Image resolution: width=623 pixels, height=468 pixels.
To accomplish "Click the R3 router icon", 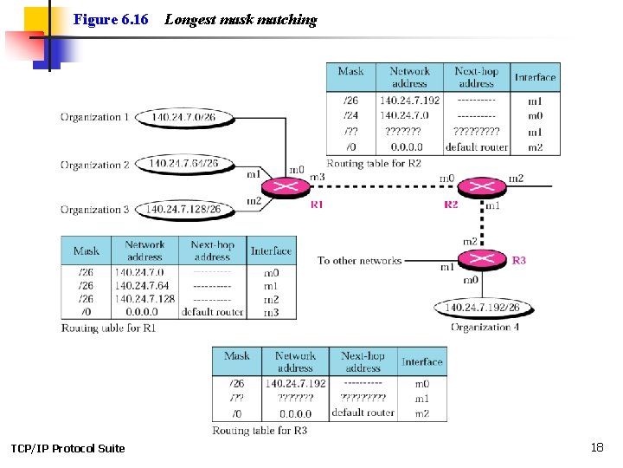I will tap(474, 258).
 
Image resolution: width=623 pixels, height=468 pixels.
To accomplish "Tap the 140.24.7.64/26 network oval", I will tap(183, 163).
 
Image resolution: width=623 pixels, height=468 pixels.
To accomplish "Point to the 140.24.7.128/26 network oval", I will tap(183, 209).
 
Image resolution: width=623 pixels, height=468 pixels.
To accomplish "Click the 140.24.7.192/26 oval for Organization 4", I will tap(482, 308).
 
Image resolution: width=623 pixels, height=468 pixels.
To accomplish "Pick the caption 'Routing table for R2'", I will tap(374, 163).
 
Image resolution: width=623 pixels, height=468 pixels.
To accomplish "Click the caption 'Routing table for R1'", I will tap(109, 328).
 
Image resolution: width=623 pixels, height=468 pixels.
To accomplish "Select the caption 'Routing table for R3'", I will tap(260, 430).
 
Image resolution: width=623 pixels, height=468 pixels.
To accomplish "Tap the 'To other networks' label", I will tap(359, 260).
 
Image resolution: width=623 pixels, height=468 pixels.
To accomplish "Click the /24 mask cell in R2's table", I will tap(350, 115).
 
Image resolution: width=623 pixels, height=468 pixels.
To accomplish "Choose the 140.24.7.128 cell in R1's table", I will tap(145, 298).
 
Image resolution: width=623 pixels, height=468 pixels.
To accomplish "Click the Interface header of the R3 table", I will tap(422, 361).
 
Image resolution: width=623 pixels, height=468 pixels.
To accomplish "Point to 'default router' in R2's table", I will tap(476, 147).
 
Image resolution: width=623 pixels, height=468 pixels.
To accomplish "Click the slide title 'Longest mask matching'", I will tap(241, 20).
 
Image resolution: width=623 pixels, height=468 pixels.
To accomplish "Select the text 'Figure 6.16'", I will tap(111, 19).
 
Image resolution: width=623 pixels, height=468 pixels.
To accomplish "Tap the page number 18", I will tap(596, 447).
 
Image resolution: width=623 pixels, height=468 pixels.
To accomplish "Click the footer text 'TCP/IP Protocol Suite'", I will tap(67, 448).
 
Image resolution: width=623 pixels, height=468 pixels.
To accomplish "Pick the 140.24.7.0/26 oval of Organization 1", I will tap(184, 117).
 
